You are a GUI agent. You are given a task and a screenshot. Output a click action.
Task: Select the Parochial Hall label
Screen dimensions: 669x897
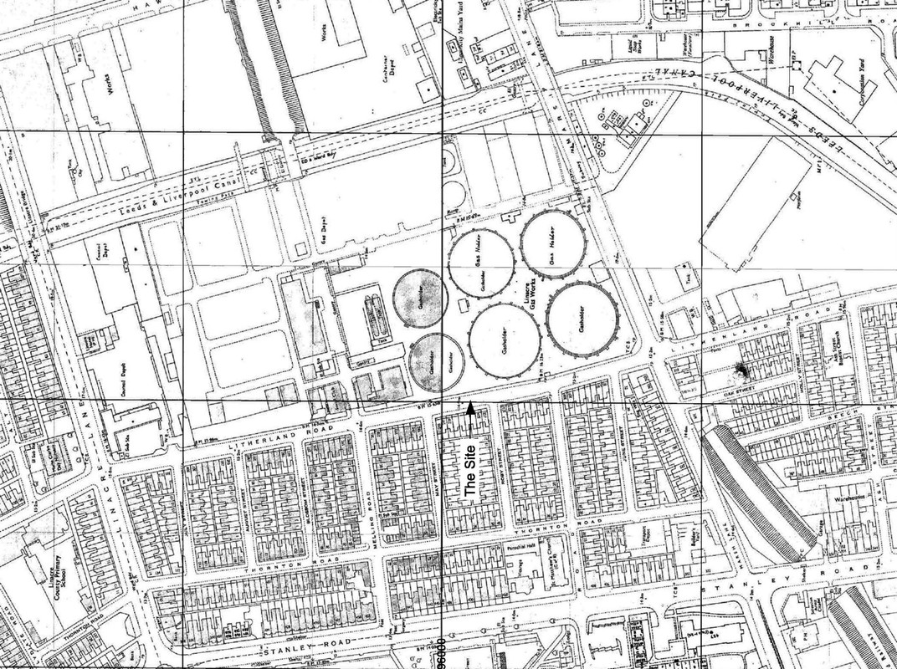pyautogui.click(x=525, y=548)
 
